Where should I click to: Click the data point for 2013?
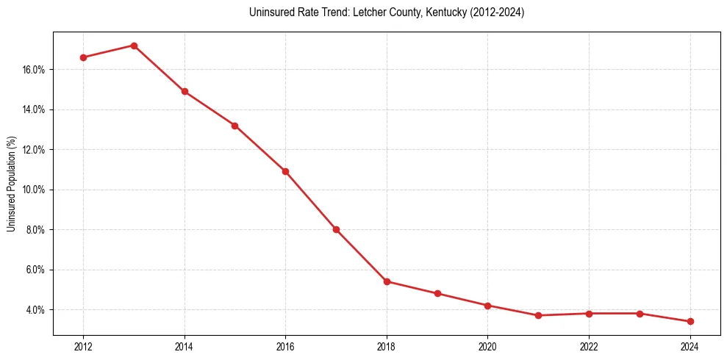[x=134, y=46]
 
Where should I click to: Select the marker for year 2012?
[x=83, y=57]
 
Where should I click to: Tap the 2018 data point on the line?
[x=387, y=281]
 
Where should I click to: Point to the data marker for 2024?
[x=690, y=321]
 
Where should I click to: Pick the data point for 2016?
[x=285, y=171]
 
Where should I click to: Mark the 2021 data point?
[x=539, y=315]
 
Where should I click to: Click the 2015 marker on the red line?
[x=234, y=126]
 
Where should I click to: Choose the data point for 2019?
[x=437, y=293]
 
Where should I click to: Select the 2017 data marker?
[x=336, y=229]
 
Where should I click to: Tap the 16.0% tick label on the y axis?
[x=35, y=70]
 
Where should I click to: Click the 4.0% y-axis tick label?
[x=36, y=310]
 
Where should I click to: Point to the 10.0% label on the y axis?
[x=35, y=190]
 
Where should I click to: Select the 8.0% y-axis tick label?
[x=36, y=230]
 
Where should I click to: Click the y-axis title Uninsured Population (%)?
[x=12, y=184]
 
